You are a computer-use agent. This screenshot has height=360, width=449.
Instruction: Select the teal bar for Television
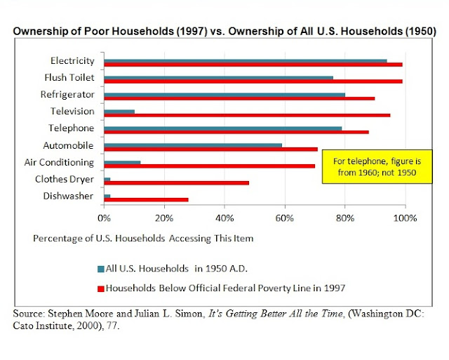click(x=119, y=111)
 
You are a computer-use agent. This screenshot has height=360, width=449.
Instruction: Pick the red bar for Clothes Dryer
click(x=176, y=183)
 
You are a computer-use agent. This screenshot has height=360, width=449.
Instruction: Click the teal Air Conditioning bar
click(x=122, y=162)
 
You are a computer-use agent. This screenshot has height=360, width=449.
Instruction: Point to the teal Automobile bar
click(x=193, y=145)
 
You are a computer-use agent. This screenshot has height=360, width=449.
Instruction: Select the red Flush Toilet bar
click(x=253, y=81)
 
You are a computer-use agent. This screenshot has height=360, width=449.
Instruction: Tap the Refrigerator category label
click(x=70, y=94)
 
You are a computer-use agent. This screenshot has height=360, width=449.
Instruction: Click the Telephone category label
click(x=73, y=128)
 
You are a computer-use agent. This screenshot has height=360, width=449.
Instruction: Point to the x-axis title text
click(x=143, y=238)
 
